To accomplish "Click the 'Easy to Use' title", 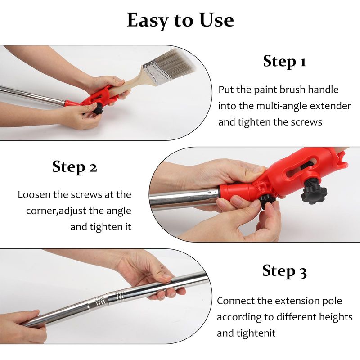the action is (x=180, y=21).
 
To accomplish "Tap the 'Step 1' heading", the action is (x=285, y=62).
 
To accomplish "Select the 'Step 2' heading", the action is (x=75, y=166).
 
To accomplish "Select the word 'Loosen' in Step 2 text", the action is (x=34, y=195).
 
